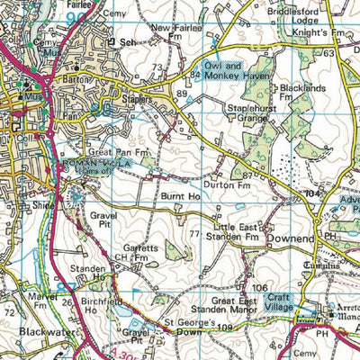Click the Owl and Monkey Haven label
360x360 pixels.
(220, 71)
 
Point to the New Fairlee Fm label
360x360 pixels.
(174, 33)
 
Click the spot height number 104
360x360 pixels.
(312, 194)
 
